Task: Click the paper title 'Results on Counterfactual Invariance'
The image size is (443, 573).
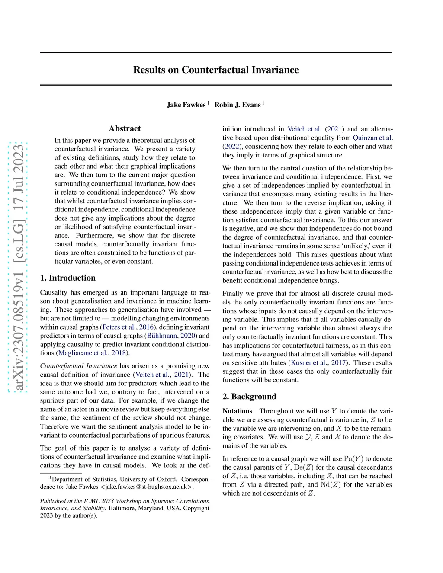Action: [x=216, y=70]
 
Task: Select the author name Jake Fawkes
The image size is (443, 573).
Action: [x=186, y=105]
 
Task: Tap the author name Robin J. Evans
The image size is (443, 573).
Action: [x=238, y=105]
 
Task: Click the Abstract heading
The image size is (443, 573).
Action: [x=125, y=128]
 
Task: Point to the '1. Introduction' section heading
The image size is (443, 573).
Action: [x=68, y=278]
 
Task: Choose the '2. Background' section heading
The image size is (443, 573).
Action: [x=249, y=397]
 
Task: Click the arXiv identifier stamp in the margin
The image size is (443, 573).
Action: [x=19, y=267]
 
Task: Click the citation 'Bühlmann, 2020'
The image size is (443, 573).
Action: [x=172, y=336]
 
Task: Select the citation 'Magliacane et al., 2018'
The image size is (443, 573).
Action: [x=92, y=353]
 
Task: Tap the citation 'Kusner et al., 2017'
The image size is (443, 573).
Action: [x=319, y=363]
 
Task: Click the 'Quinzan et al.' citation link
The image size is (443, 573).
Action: [x=372, y=138]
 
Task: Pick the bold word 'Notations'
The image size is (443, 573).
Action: [x=237, y=411]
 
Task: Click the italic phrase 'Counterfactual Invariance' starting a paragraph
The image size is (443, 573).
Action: [x=79, y=366]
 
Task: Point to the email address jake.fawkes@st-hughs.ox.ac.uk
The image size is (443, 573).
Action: [x=147, y=487]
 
